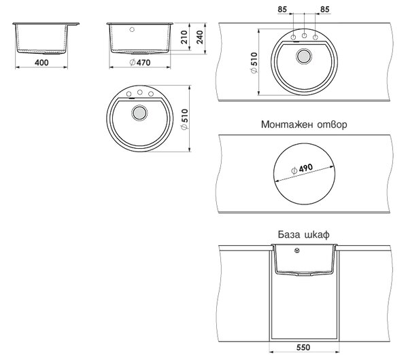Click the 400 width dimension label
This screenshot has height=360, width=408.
(x=41, y=62)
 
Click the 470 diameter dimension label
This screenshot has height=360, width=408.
(x=139, y=62)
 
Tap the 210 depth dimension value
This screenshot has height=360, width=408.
(x=184, y=37)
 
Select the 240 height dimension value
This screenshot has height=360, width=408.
(x=199, y=37)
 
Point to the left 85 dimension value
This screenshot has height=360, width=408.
(x=282, y=10)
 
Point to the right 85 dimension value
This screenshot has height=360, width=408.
(x=325, y=10)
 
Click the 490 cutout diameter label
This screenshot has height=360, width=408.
(x=302, y=169)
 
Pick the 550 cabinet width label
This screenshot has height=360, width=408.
(x=303, y=347)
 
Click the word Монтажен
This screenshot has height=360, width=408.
(x=287, y=124)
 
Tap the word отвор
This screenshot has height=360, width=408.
(x=333, y=125)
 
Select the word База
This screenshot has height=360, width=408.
(x=288, y=234)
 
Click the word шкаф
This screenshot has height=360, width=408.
(x=316, y=235)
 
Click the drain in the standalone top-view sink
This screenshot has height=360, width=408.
(x=139, y=113)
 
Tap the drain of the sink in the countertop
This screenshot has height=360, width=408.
(x=304, y=56)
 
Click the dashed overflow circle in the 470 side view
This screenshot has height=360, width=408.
(x=132, y=29)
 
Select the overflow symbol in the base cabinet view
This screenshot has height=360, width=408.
(x=297, y=251)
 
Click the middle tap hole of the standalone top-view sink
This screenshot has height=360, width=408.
(x=140, y=92)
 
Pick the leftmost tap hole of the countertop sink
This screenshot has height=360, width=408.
(x=293, y=37)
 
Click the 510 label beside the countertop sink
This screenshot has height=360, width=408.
(x=254, y=62)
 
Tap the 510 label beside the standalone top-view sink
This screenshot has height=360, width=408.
(x=184, y=120)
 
